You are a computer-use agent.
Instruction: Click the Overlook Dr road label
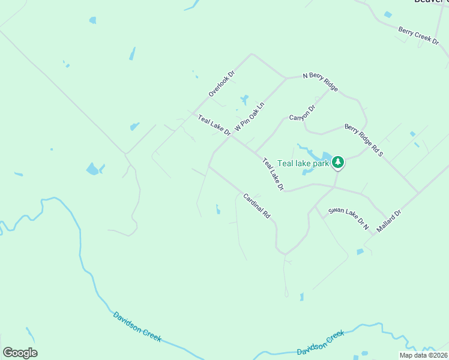coord(221,84)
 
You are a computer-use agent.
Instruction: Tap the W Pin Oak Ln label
coord(249,116)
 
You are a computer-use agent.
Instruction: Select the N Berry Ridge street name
coord(321,80)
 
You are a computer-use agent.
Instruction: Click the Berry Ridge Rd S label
coord(363,140)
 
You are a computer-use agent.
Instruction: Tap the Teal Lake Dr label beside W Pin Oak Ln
coord(214,125)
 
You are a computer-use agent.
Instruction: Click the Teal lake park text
coord(304,163)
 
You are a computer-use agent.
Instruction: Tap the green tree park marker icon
coord(338,162)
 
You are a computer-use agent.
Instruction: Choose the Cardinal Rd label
coord(257,205)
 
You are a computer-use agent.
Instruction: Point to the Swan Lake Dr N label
coord(348,219)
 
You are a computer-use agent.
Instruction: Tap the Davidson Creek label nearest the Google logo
coord(137,326)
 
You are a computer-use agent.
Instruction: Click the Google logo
coord(20,353)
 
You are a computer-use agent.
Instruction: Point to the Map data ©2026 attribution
coord(423,355)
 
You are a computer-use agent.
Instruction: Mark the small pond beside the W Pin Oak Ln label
coord(244,100)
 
